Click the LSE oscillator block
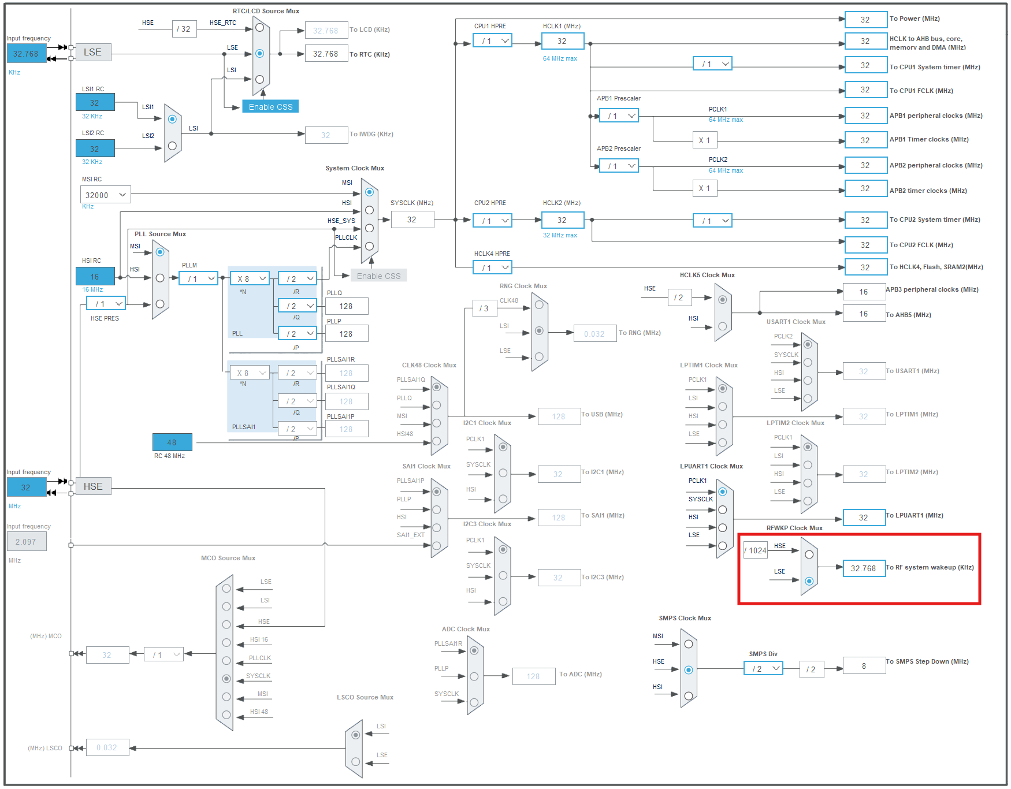[x=93, y=53]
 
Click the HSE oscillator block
[x=93, y=486]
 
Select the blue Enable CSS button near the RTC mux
[x=270, y=107]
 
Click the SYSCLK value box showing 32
[x=412, y=219]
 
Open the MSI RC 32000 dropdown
[x=106, y=195]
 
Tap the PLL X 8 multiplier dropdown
[x=250, y=278]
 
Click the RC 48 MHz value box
[x=172, y=442]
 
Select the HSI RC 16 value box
[x=95, y=276]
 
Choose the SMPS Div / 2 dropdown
[x=763, y=668]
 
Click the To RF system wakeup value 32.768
[x=864, y=568]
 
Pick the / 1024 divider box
[x=756, y=550]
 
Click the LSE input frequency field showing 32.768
[x=26, y=54]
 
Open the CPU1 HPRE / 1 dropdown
[x=492, y=41]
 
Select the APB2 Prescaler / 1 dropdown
[x=619, y=166]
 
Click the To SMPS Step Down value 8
[x=864, y=666]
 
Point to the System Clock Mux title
[x=354, y=168]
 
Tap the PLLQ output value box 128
[x=346, y=306]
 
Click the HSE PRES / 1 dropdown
[x=106, y=303]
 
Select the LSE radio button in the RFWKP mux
[x=809, y=581]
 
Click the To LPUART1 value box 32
[x=864, y=518]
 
